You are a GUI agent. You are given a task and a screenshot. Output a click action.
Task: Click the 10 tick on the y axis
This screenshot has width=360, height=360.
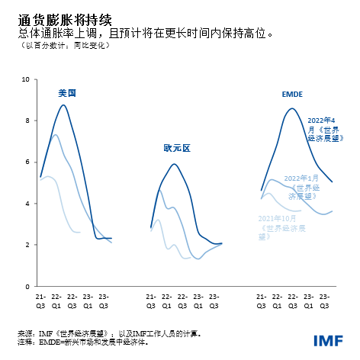(x=27, y=79)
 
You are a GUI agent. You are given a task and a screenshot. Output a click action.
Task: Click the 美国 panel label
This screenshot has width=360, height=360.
(x=68, y=93)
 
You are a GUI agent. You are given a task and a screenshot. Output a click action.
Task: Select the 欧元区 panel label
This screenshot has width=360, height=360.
(x=176, y=148)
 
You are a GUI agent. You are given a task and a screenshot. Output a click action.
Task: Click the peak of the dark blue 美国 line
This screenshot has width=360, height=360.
(x=64, y=104)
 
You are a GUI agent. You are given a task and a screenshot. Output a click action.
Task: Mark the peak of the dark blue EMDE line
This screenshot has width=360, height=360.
(x=291, y=108)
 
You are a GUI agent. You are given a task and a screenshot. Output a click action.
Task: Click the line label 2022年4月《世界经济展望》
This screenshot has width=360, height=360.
(x=326, y=130)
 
